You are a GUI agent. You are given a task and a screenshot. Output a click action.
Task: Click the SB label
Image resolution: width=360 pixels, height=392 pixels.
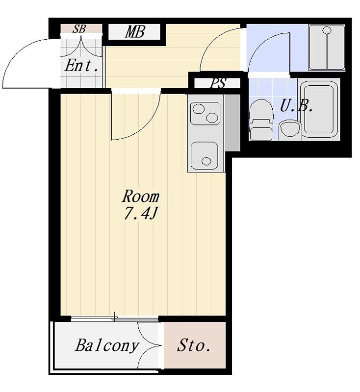click(79, 29)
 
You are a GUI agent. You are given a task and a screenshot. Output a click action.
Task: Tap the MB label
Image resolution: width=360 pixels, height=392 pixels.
click(135, 32)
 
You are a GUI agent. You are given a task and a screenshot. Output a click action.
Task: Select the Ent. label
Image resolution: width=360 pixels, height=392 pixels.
click(81, 66)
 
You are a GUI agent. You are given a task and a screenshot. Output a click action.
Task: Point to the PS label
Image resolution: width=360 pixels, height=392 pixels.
click(218, 83)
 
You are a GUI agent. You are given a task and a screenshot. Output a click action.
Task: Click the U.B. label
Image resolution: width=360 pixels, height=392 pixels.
click(296, 106)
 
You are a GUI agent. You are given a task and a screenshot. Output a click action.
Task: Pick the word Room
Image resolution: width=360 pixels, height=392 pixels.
click(141, 196)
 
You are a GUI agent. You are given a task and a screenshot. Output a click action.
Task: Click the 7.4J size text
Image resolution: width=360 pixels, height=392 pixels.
click(140, 214)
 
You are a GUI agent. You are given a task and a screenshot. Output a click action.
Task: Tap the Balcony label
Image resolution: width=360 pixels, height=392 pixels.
click(107, 345)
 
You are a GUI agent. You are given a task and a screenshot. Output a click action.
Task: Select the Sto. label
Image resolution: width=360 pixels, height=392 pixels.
click(194, 345)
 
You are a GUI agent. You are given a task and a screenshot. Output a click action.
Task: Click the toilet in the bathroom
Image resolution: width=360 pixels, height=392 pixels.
click(261, 120)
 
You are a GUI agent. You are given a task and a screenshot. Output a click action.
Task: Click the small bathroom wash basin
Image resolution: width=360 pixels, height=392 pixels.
click(290, 130)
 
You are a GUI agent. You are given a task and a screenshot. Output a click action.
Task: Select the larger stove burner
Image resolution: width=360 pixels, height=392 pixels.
click(198, 109)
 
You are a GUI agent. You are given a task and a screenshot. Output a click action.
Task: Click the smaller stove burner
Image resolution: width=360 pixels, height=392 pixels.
click(212, 118)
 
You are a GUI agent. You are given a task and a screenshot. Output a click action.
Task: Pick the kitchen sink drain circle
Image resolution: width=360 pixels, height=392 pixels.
click(206, 161)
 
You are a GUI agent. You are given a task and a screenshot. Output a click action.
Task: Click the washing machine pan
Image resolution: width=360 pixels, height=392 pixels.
click(327, 47)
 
